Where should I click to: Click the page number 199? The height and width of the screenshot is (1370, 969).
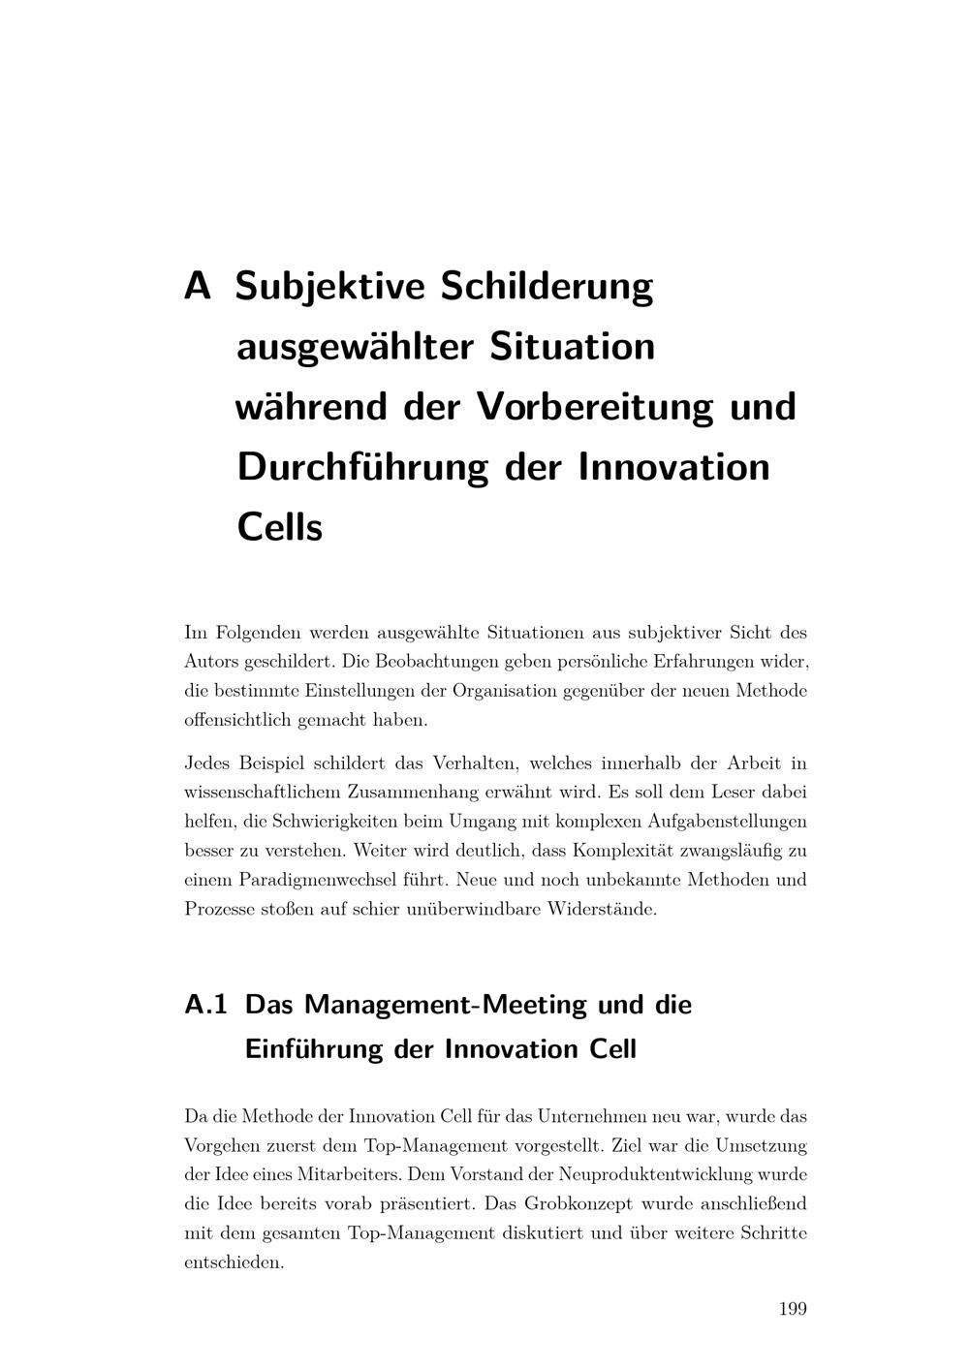click(x=793, y=1310)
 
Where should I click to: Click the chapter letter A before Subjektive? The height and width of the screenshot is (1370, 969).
click(x=198, y=287)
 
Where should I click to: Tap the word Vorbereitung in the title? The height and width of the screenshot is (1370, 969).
click(x=596, y=406)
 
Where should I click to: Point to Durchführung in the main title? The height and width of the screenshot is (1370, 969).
click(x=363, y=467)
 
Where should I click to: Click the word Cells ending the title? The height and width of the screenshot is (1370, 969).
click(x=279, y=528)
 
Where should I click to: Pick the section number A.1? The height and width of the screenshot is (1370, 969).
click(x=205, y=1005)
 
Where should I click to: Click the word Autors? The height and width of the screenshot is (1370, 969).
click(x=210, y=663)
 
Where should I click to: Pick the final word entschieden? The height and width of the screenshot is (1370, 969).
click(x=234, y=1263)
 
